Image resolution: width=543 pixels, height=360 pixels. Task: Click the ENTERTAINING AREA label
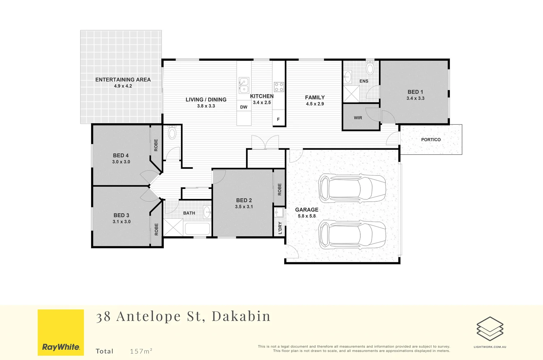tap(123, 80)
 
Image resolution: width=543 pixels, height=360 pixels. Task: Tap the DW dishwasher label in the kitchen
tap(244, 107)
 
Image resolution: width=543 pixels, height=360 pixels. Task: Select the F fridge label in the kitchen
tap(278, 119)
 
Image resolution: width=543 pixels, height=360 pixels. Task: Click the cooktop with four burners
tap(279, 87)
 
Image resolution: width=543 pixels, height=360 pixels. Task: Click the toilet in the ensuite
tap(370, 68)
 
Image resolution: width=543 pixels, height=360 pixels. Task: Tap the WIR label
tap(358, 118)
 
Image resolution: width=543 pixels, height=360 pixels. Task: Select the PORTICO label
tap(431, 140)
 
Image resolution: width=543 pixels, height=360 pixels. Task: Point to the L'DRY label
tap(280, 228)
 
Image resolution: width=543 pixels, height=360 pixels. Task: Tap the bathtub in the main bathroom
tap(197, 229)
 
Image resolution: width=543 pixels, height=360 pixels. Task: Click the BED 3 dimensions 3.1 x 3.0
tap(122, 222)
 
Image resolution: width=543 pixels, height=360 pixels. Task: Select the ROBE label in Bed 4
tap(156, 145)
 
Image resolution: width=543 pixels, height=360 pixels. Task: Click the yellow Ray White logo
tap(61, 332)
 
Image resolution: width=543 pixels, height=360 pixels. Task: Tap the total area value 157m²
tap(141, 351)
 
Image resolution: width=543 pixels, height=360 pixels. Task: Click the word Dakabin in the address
tap(241, 316)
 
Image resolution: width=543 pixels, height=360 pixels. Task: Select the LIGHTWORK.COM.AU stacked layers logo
tap(490, 329)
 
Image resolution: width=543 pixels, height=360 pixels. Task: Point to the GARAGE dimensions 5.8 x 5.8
tap(307, 216)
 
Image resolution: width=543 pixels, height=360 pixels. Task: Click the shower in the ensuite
tap(351, 94)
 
